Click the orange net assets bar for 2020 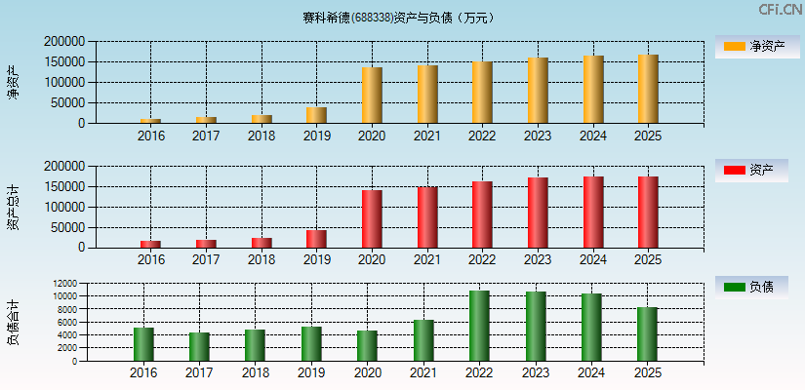[x=372, y=96]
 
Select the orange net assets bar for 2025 [x=648, y=89]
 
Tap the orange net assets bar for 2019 [x=316, y=115]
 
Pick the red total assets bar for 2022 [x=482, y=214]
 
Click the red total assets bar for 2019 [x=316, y=239]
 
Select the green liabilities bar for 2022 [x=479, y=326]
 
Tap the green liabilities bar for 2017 [x=199, y=347]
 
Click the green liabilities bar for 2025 [x=648, y=334]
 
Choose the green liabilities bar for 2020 [x=367, y=346]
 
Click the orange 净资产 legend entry [x=751, y=47]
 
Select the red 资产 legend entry [x=751, y=171]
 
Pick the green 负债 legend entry [x=751, y=288]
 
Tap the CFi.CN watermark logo [x=780, y=10]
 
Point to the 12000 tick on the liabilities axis [x=65, y=284]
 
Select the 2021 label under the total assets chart [x=426, y=260]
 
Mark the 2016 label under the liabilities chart [x=143, y=373]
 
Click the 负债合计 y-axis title [x=13, y=323]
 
